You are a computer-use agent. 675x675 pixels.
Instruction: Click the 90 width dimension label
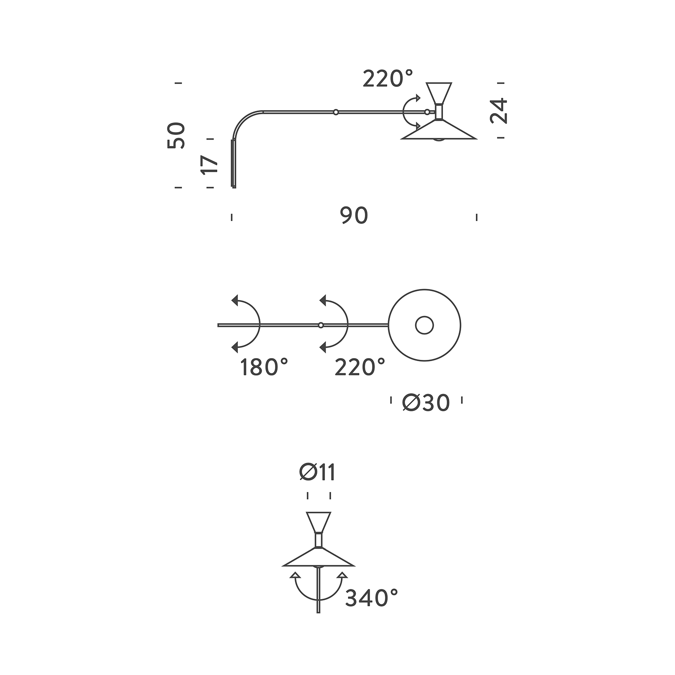click(x=354, y=216)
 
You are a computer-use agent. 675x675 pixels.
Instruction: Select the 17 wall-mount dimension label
click(x=210, y=164)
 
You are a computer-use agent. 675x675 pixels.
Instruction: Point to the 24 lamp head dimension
click(x=499, y=111)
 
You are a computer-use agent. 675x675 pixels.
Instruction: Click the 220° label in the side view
click(x=388, y=79)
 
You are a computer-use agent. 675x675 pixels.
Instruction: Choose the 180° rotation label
click(x=264, y=367)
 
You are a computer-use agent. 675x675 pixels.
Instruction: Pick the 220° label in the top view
click(x=360, y=367)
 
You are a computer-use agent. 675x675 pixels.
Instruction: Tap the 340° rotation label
click(x=372, y=598)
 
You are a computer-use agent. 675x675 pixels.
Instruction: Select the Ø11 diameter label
click(x=318, y=473)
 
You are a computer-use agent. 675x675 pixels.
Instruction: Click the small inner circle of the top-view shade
click(x=424, y=325)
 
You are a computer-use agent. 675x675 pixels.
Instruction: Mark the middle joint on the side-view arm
click(x=336, y=112)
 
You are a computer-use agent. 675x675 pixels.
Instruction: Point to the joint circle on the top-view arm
click(x=321, y=325)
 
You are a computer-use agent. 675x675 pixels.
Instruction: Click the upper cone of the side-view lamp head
click(x=439, y=92)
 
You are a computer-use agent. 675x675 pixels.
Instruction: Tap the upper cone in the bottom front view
click(x=319, y=522)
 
